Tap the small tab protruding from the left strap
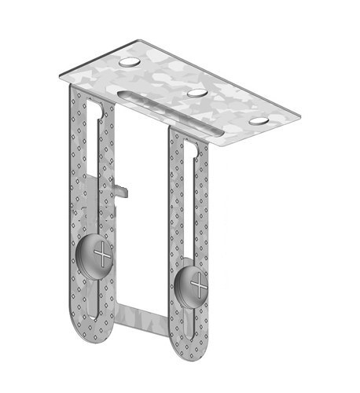pyautogui.click(x=119, y=188)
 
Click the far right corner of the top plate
pyautogui.click(x=303, y=118)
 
